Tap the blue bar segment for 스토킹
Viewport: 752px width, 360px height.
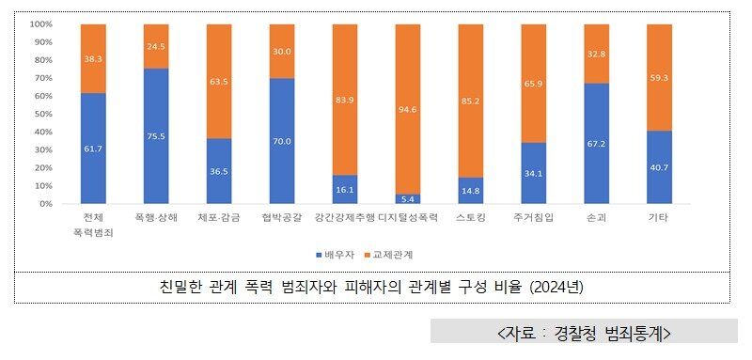coord(471,191)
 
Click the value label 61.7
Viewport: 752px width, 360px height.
coord(93,149)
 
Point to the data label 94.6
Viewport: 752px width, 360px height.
coord(408,109)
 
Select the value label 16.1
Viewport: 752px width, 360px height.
coord(345,190)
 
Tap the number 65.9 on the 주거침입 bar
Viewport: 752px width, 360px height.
coord(534,85)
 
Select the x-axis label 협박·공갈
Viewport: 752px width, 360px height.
coord(282,218)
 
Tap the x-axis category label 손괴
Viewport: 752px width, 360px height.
coord(597,218)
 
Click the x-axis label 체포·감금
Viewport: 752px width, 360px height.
coord(219,218)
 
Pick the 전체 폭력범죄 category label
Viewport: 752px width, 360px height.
coord(93,225)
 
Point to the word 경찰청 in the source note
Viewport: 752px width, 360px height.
coord(574,333)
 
